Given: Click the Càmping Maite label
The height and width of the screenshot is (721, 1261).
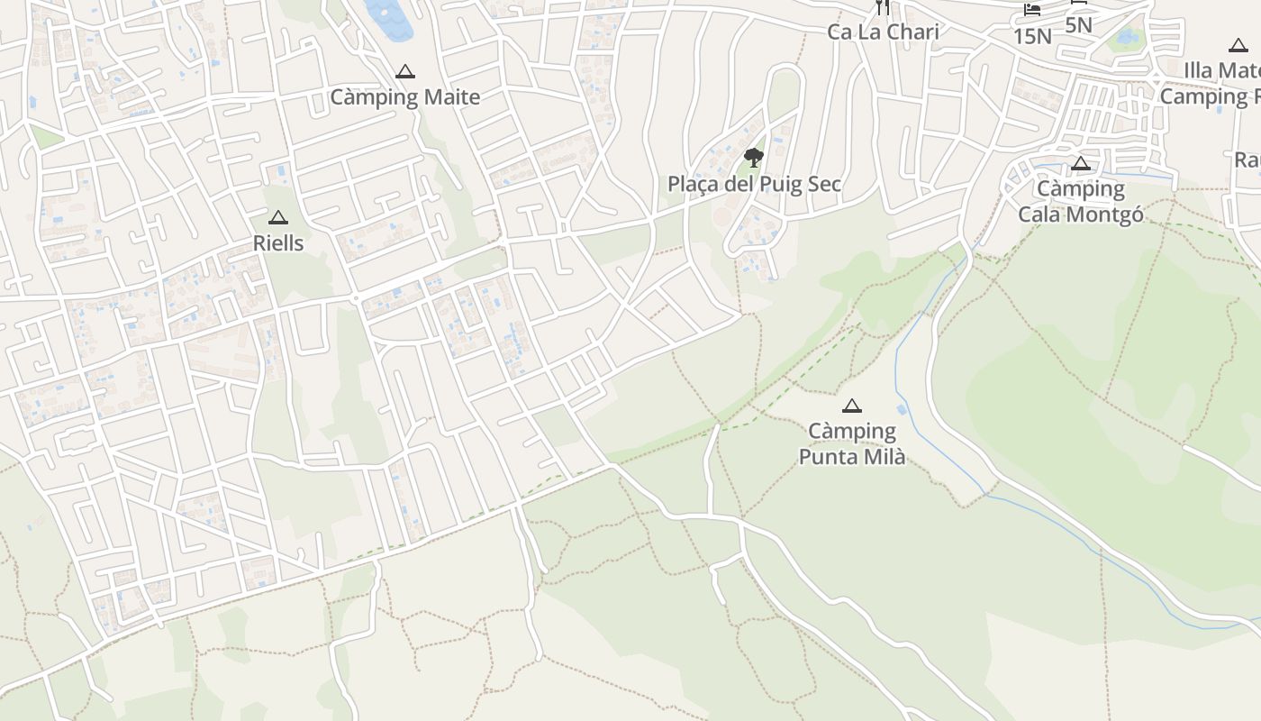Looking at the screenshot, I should point(404,96).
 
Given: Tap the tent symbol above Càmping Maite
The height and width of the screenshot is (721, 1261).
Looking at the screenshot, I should point(405,72).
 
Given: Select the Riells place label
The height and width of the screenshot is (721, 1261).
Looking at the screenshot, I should point(278,243).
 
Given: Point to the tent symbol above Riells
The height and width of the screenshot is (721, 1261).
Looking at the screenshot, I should point(278,218).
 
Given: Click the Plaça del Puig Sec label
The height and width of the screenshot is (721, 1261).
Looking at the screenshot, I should point(754,184).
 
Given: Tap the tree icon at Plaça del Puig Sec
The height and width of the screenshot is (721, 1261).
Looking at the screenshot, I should point(754,159).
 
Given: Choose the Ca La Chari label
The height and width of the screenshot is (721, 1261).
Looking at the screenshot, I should point(883,32).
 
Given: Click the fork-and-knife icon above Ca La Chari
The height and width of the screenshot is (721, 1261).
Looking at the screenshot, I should point(883,7).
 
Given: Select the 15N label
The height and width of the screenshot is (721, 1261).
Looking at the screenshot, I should point(1032,36).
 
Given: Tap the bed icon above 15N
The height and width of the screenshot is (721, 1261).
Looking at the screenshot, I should point(1032,11).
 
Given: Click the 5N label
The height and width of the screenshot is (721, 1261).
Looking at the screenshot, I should point(1078,24).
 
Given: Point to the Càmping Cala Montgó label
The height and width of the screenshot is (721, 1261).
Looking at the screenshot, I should point(1081,201).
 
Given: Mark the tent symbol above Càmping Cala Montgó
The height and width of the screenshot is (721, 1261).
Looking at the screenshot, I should point(1081,164).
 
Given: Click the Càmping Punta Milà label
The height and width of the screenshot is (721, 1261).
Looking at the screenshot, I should point(852,443).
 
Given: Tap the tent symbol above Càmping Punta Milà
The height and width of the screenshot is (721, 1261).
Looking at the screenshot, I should point(852,406).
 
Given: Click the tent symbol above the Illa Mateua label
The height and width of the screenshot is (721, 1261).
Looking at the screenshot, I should point(1238,46).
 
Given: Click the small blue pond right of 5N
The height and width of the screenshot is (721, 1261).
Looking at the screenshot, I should point(1126,38).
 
